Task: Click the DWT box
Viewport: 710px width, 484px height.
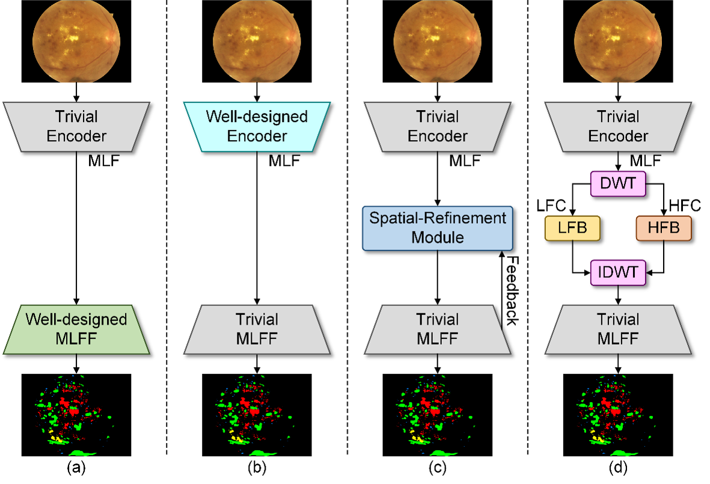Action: pos(618,183)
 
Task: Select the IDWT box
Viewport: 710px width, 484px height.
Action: pos(618,272)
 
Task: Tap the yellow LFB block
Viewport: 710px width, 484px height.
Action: pos(572,228)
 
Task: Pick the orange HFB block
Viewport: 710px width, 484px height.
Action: pos(664,228)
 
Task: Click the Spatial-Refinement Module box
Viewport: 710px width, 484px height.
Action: pos(438,228)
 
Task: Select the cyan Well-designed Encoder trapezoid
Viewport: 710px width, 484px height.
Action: pos(257,126)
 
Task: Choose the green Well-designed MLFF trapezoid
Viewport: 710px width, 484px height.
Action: pos(76,329)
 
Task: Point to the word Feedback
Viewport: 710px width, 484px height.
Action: pos(512,290)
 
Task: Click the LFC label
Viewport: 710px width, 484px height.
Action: pos(551,206)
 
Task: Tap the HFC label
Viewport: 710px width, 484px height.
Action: pos(685,206)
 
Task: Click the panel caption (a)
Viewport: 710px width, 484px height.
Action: pos(76,468)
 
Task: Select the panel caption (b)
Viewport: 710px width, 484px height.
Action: pos(257,468)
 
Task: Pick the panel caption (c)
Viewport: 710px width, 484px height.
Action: pos(438,468)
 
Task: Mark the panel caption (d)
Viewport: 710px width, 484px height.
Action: pos(618,468)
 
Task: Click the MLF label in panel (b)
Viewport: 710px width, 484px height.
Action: pos(284,161)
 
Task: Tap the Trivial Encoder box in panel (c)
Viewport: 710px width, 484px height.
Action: pos(438,126)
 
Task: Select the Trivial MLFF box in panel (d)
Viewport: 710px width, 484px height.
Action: pos(618,329)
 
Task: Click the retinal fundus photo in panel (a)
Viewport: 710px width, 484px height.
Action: pos(76,41)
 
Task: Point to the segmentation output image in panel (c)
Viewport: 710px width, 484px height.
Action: pos(438,415)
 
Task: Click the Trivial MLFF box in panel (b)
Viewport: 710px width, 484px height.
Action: pos(257,329)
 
